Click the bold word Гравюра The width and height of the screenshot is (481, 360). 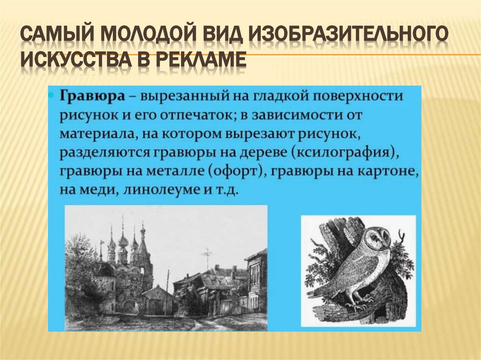tap(89, 96)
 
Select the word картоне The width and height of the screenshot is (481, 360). tap(392, 171)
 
